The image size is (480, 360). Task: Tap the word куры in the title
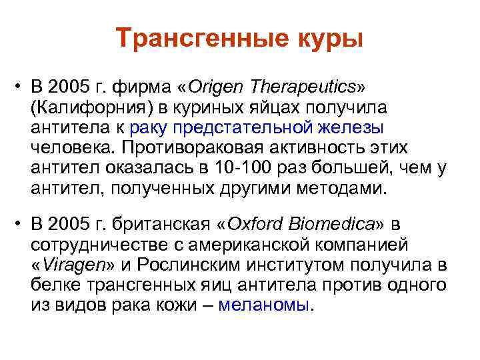tap(328, 38)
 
